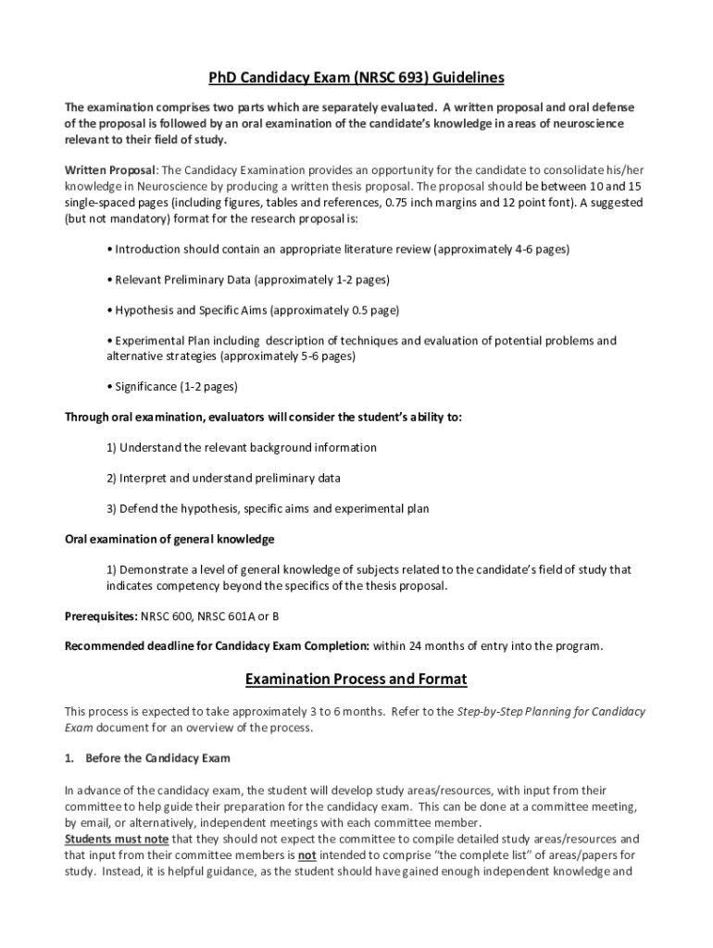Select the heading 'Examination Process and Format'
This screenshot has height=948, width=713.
pyautogui.click(x=356, y=680)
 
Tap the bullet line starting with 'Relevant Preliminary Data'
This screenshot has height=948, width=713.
pyautogui.click(x=248, y=280)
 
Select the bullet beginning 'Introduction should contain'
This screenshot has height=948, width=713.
pyautogui.click(x=338, y=250)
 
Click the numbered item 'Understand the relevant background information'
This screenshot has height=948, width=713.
pyautogui.click(x=241, y=447)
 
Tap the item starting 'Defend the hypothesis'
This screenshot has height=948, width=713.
pyautogui.click(x=268, y=508)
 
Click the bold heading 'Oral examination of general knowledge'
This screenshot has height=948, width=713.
pyautogui.click(x=169, y=539)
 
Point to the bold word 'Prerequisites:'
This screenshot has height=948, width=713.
pyautogui.click(x=101, y=616)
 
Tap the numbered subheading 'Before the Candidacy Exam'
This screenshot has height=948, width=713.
pyautogui.click(x=157, y=758)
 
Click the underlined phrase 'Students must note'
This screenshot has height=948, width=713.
pyautogui.click(x=116, y=839)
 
